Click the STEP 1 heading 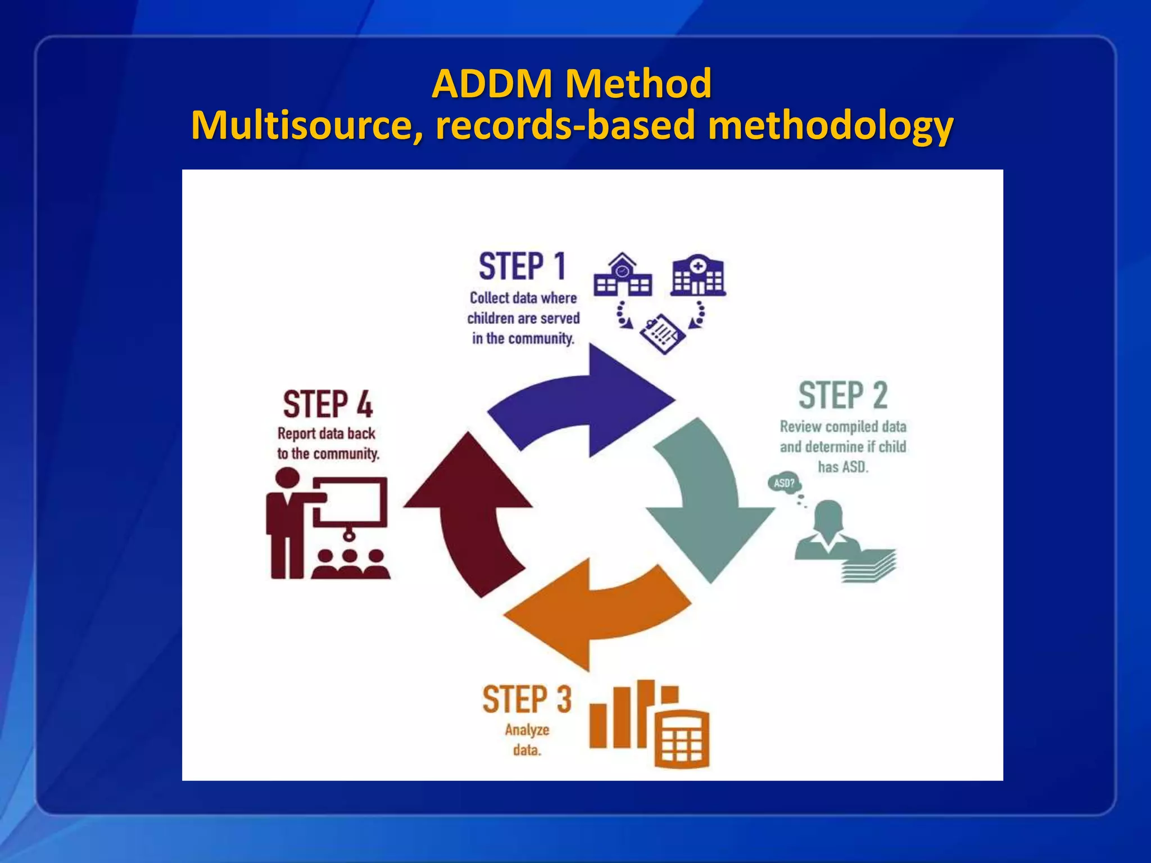(x=522, y=267)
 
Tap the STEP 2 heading (x=842, y=396)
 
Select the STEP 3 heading (x=527, y=700)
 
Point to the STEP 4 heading (x=328, y=405)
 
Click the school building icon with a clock (x=622, y=276)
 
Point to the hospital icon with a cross (x=698, y=276)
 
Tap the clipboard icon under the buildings (x=663, y=334)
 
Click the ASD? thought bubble (x=784, y=483)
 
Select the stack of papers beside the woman (x=868, y=566)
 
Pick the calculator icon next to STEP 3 (x=682, y=739)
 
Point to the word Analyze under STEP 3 (x=527, y=730)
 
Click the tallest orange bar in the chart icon (x=646, y=714)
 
